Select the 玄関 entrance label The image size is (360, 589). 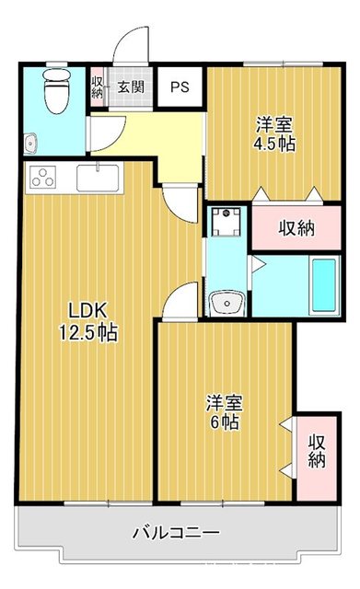point(130,88)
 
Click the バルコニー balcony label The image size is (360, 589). point(175,533)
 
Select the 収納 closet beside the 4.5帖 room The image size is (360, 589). point(296,227)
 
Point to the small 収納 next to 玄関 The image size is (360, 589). point(98,89)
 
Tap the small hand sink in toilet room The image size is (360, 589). point(29,143)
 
